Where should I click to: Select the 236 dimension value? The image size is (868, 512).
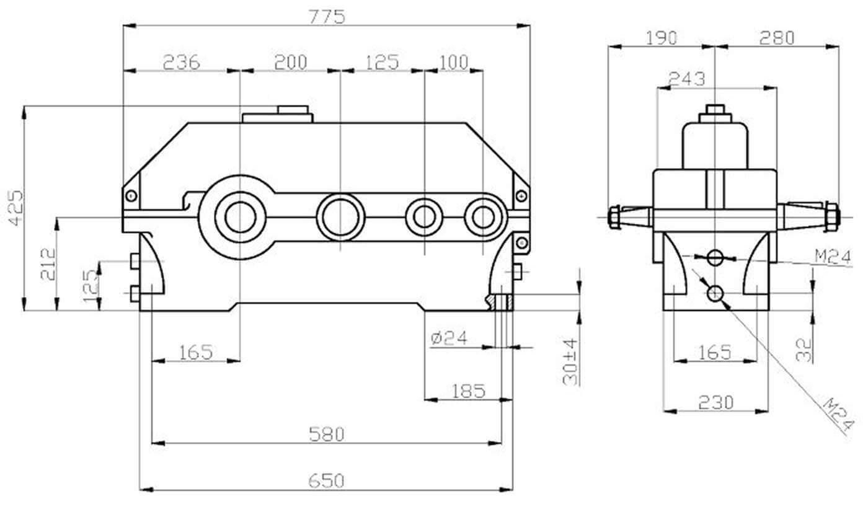(181, 62)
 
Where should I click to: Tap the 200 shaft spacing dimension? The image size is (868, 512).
(290, 62)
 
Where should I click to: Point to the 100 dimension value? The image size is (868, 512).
(454, 62)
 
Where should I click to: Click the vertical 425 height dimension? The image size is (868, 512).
(15, 208)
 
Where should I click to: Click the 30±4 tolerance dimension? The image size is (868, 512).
(570, 362)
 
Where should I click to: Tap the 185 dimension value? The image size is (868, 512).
(468, 391)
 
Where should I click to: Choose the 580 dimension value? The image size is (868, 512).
(327, 435)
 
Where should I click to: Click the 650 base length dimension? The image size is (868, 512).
(327, 481)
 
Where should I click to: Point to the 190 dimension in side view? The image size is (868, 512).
(661, 38)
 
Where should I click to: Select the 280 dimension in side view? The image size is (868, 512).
(776, 38)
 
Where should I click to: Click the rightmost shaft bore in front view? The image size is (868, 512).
(482, 217)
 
